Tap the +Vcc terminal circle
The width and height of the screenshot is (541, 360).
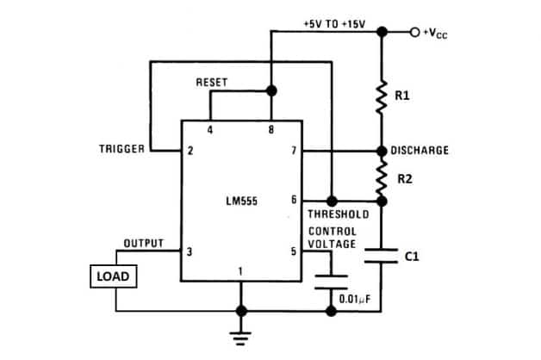(x=415, y=33)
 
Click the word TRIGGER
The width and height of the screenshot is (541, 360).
(x=123, y=150)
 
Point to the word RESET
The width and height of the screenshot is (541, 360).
(x=212, y=82)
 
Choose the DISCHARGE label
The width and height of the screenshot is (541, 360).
(x=420, y=150)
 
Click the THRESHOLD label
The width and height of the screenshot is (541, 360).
(x=338, y=214)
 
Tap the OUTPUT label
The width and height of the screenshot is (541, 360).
(x=144, y=244)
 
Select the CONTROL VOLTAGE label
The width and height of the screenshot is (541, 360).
(x=332, y=238)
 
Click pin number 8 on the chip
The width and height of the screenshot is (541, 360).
(x=270, y=130)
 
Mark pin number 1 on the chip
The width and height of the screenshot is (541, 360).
(x=240, y=271)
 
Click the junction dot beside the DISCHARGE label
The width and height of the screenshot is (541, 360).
(x=382, y=150)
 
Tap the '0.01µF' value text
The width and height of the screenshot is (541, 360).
(x=355, y=299)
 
